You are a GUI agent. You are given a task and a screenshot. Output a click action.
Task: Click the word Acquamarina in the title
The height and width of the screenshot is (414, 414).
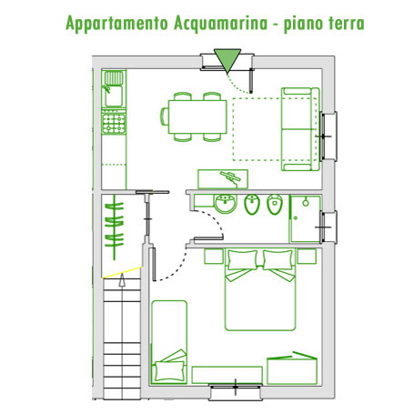pyautogui.click(x=221, y=24)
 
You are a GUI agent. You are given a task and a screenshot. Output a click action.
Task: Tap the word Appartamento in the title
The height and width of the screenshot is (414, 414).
pyautogui.click(x=116, y=24)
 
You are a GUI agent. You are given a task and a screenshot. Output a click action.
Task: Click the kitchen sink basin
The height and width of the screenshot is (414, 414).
pyautogui.click(x=114, y=96)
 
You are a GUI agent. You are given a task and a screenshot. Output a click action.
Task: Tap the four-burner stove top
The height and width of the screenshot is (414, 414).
pyautogui.click(x=114, y=123)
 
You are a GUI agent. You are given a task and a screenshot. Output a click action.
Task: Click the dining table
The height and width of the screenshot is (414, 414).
pyautogui.click(x=197, y=116)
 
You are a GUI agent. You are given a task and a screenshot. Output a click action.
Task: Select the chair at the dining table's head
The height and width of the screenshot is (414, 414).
pyautogui.click(x=164, y=116)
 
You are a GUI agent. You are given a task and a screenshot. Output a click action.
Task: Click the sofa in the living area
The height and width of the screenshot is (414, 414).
pyautogui.click(x=300, y=129)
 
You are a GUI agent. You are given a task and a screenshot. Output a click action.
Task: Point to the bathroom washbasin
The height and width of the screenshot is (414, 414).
pyautogui.click(x=226, y=204)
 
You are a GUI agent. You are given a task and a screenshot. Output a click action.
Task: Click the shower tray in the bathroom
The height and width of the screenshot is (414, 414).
pyautogui.click(x=306, y=218)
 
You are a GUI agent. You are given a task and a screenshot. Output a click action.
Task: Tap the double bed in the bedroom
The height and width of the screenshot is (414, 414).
pyautogui.click(x=260, y=289)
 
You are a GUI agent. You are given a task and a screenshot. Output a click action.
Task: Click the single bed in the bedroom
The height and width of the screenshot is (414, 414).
pyautogui.click(x=169, y=342)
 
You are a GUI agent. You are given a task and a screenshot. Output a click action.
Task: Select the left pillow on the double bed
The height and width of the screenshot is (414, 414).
pyautogui.click(x=242, y=260)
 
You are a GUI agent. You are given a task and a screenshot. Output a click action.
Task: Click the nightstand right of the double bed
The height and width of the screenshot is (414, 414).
pyautogui.click(x=307, y=257)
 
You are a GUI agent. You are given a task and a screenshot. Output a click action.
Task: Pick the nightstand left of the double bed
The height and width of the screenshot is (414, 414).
pyautogui.click(x=214, y=257)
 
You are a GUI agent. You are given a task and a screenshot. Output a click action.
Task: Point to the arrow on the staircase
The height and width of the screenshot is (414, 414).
pyautogui.click(x=122, y=280)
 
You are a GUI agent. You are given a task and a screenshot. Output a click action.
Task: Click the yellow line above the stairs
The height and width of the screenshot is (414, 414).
pyautogui.click(x=123, y=272)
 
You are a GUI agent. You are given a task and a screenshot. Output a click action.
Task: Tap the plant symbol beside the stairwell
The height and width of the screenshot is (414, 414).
pyautogui.click(x=115, y=227)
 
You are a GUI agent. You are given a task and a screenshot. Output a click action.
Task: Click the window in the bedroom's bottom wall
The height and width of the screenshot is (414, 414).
pyautogui.click(x=236, y=391)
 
